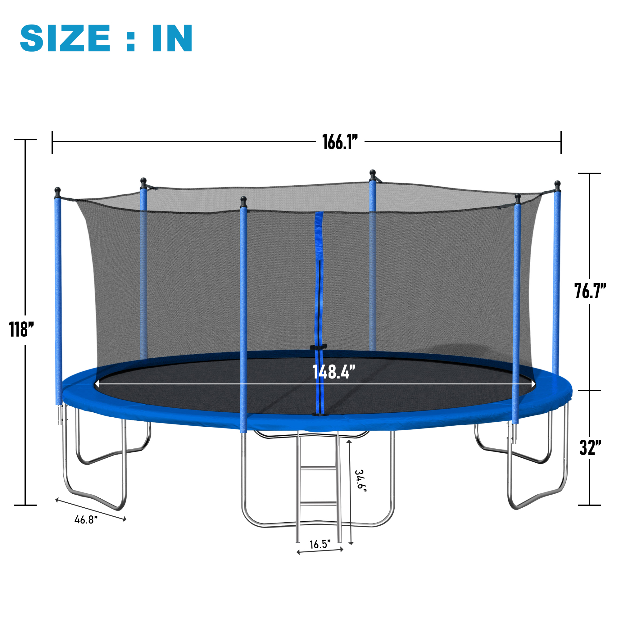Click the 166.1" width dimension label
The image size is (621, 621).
coord(339,142)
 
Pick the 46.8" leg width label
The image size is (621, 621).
coord(86,519)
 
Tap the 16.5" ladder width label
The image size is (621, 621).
coord(320,544)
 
